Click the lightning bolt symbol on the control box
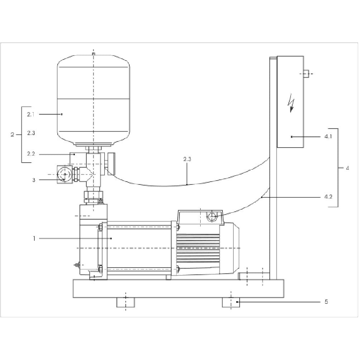pyautogui.click(x=291, y=103)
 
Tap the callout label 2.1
pyautogui.click(x=31, y=114)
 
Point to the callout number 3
pyautogui.click(x=34, y=180)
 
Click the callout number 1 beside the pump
pyautogui.click(x=34, y=239)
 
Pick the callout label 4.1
pyautogui.click(x=328, y=136)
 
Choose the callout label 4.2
pyautogui.click(x=328, y=197)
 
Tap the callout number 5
pyautogui.click(x=326, y=302)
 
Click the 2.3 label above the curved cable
pyautogui.click(x=187, y=159)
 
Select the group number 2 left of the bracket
pyautogui.click(x=13, y=135)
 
